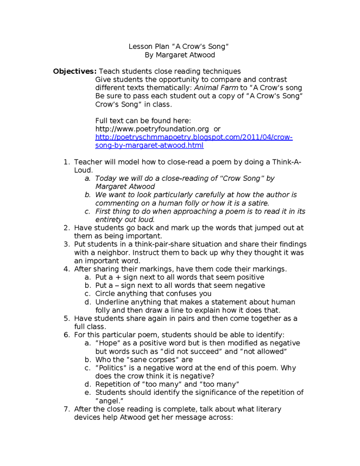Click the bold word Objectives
tap(74, 71)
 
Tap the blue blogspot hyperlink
tap(194, 141)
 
